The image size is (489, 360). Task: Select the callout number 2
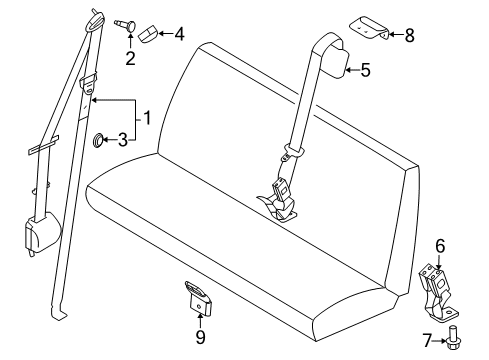[130, 58]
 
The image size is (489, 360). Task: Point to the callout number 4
[179, 35]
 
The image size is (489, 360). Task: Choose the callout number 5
[365, 69]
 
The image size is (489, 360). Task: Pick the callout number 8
[408, 36]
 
